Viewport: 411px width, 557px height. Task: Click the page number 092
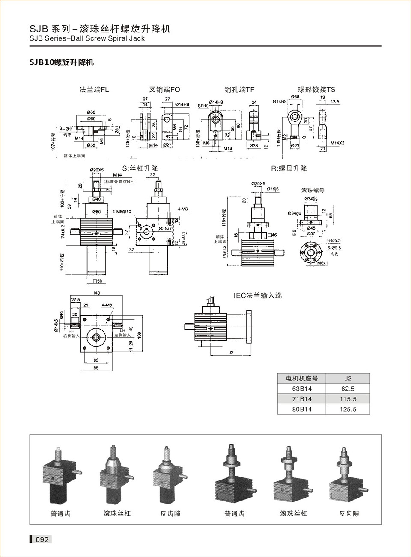click(42, 539)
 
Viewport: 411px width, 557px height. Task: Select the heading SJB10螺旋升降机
click(61, 62)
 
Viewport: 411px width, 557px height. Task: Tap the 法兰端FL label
click(94, 89)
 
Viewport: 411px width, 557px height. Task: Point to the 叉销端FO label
click(164, 89)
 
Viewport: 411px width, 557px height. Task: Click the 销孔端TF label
click(239, 89)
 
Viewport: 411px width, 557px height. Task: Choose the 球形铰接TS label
click(316, 89)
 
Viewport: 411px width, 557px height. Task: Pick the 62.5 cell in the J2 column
click(348, 389)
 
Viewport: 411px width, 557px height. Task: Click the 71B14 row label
click(302, 399)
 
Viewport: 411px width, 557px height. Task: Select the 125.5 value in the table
click(348, 409)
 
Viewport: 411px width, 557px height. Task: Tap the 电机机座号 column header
click(302, 378)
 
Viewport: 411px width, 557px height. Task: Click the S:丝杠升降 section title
click(140, 168)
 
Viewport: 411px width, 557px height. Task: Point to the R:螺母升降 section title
click(289, 168)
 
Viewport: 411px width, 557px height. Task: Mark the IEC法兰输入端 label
click(258, 295)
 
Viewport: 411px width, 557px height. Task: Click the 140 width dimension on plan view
click(96, 293)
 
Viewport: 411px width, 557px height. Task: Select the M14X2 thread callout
click(337, 143)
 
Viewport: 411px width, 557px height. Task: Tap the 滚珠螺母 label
click(313, 190)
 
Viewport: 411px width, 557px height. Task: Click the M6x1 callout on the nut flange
click(322, 263)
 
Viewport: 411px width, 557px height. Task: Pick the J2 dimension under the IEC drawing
click(231, 352)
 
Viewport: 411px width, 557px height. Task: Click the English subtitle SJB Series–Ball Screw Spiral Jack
click(87, 38)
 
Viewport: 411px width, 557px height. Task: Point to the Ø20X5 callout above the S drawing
click(97, 170)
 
